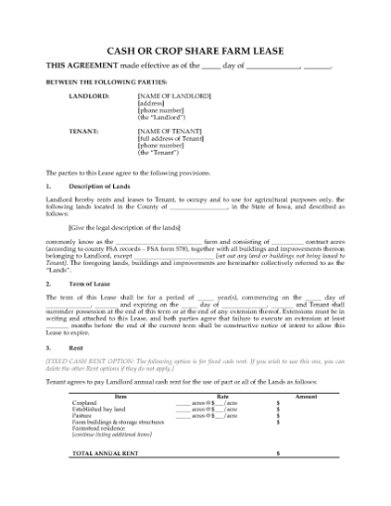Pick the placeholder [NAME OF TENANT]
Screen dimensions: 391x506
pyautogui.click(x=169, y=131)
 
